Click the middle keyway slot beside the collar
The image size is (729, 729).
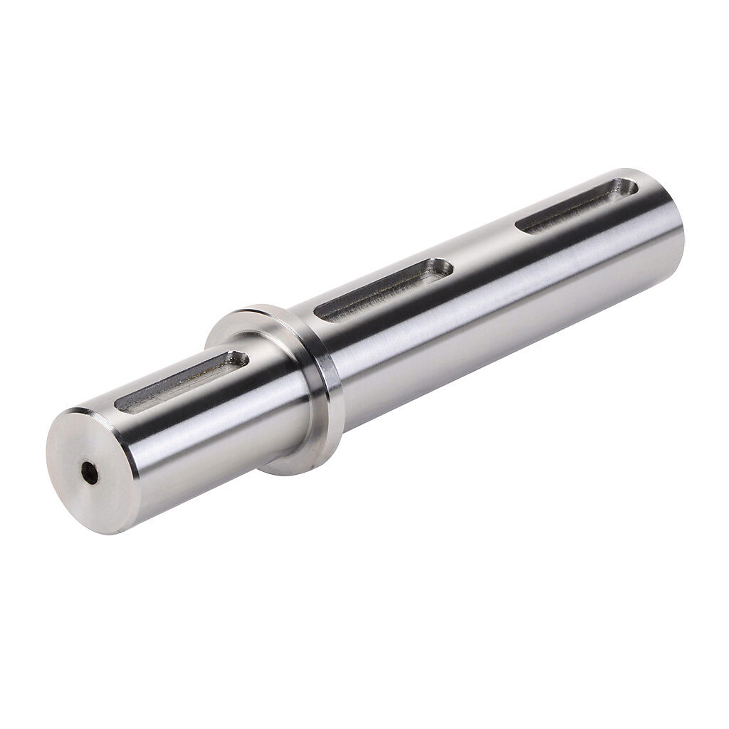[x=384, y=288]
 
